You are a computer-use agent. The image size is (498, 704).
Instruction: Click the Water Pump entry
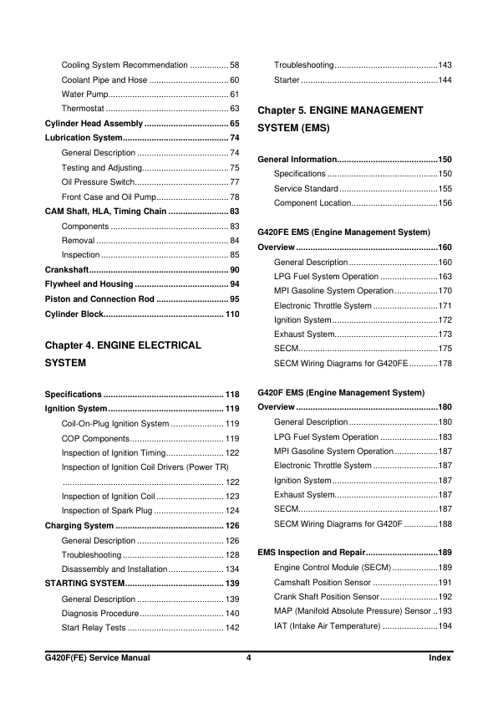(84, 94)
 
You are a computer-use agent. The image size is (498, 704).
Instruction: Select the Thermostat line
(83, 109)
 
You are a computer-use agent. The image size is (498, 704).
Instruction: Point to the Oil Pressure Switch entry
(98, 181)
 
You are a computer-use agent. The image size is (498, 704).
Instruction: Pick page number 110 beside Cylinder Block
(232, 314)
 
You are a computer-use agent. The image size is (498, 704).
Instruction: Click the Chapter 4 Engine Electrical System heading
(123, 354)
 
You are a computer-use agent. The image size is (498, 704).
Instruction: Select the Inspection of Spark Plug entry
(105, 510)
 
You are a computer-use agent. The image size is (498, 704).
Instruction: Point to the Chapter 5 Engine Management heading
(341, 119)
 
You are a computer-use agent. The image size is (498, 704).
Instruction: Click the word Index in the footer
(439, 658)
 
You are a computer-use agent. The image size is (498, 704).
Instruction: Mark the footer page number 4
(249, 658)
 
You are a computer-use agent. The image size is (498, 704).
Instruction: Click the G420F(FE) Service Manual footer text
(97, 658)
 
